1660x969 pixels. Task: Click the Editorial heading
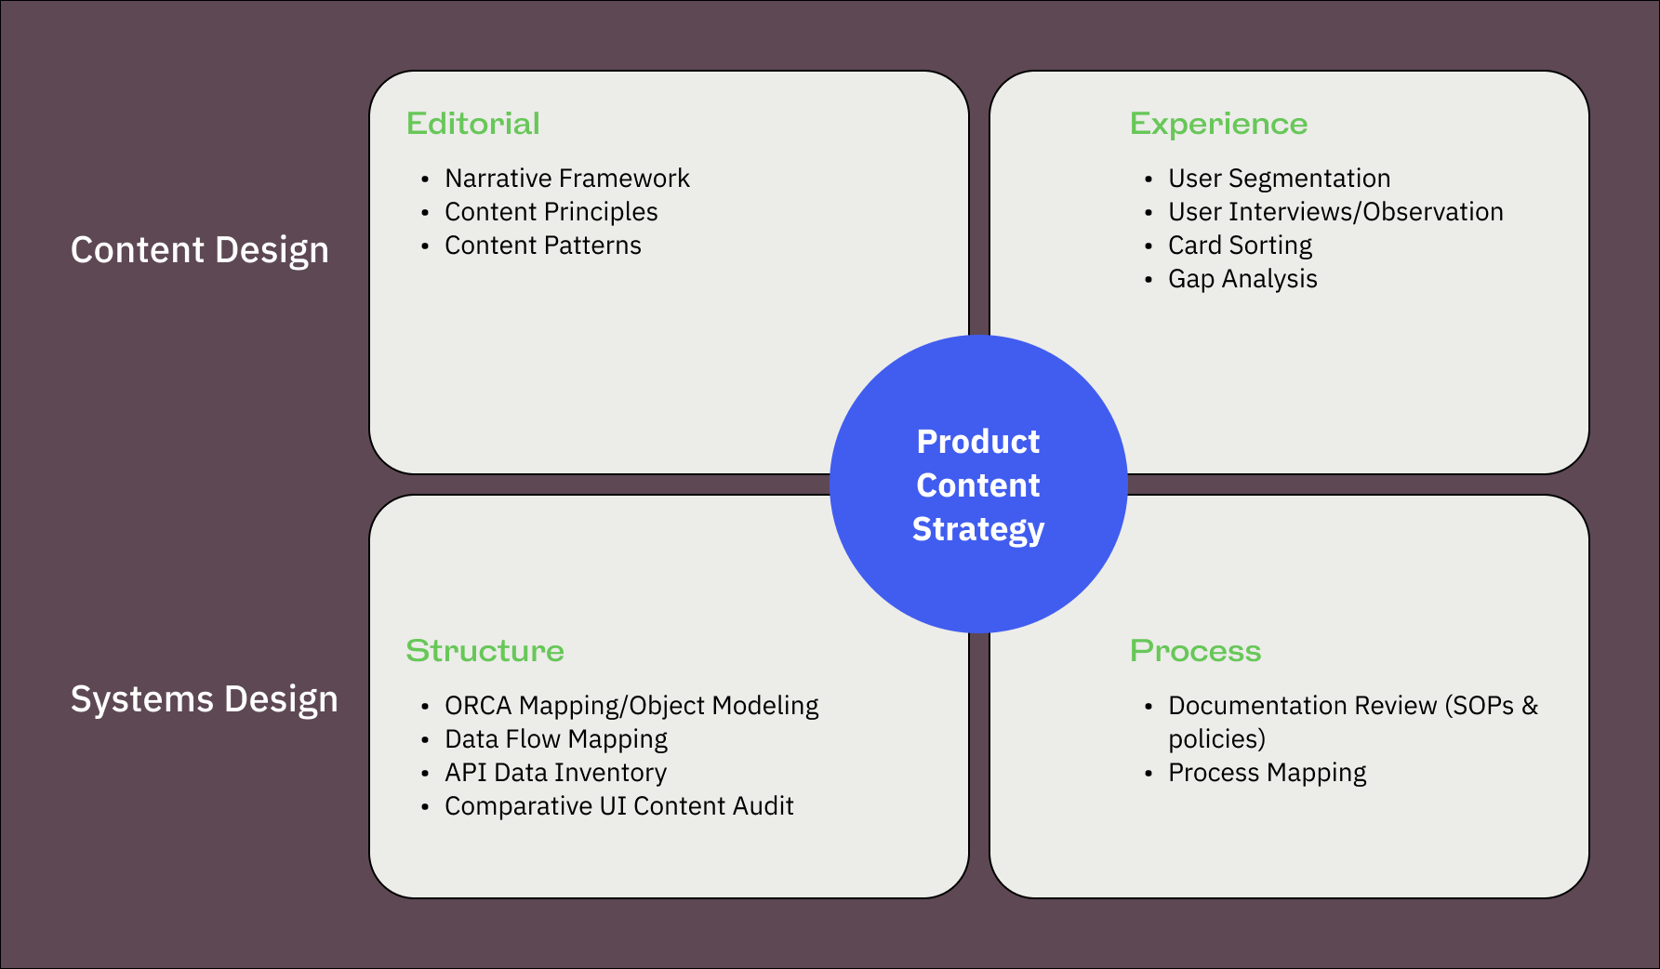(473, 124)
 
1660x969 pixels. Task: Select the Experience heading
(1219, 125)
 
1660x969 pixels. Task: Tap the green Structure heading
(485, 651)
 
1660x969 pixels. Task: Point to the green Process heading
(1196, 651)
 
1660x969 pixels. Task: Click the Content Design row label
(200, 250)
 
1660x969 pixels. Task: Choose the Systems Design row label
(205, 699)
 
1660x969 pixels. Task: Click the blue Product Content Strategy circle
(978, 484)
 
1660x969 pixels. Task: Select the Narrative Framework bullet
(567, 178)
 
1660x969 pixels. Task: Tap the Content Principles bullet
(551, 212)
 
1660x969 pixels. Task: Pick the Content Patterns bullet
(543, 246)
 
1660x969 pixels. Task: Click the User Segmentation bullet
(1280, 179)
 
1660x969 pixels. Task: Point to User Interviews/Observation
(1335, 212)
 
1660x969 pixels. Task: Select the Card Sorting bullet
(1241, 246)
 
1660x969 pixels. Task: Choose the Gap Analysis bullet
(1242, 279)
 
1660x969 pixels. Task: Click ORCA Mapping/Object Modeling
(631, 706)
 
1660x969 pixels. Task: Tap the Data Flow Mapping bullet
(556, 739)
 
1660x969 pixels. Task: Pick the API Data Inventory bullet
(555, 773)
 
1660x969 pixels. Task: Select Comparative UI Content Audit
(619, 806)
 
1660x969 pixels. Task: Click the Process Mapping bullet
(1268, 773)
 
